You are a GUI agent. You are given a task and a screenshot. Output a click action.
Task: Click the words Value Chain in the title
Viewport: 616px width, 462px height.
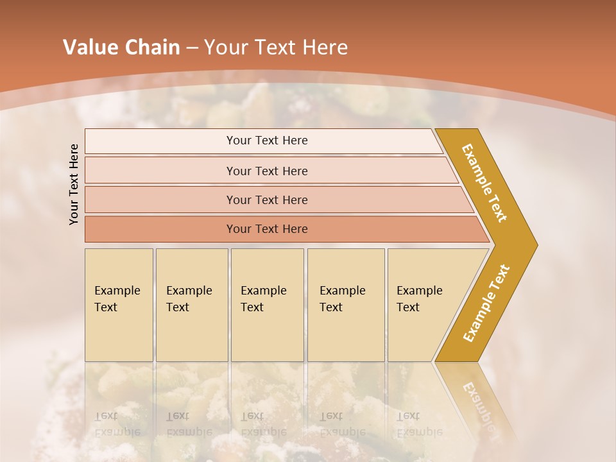tap(121, 47)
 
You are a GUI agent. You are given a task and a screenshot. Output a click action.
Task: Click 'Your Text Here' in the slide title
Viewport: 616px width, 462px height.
tap(276, 47)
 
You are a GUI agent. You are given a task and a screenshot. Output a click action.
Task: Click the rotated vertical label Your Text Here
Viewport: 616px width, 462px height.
tap(74, 184)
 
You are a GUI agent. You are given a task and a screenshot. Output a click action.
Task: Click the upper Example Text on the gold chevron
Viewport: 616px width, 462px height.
tap(484, 183)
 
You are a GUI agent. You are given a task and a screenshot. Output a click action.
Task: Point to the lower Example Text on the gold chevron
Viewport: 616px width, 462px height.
tap(486, 304)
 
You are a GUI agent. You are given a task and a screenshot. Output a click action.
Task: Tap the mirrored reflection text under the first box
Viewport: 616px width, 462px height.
tap(117, 424)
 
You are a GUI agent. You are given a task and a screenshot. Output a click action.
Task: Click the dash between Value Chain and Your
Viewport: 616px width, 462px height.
tap(192, 47)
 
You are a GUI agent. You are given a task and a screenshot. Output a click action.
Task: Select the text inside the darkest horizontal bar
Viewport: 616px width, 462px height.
tap(267, 229)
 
